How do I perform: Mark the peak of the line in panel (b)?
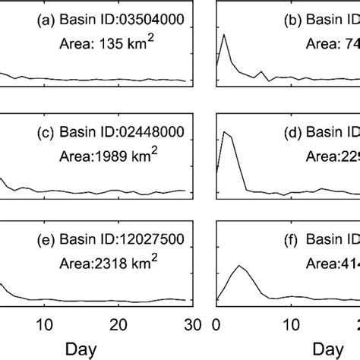[223, 35]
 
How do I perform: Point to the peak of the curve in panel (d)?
[224, 131]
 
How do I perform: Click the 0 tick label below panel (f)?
[217, 323]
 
